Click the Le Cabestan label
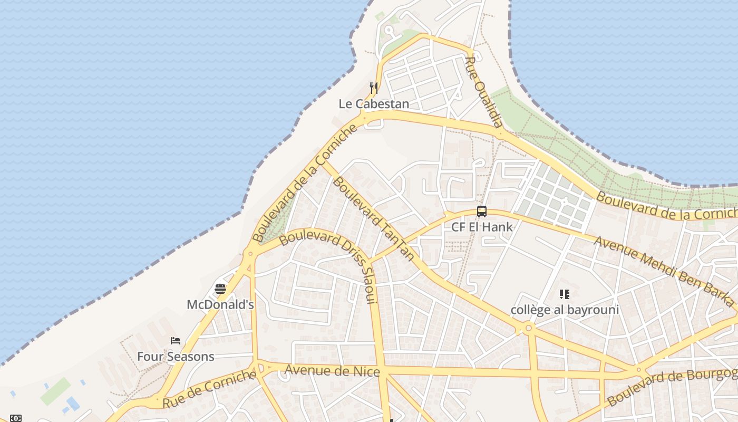(x=374, y=104)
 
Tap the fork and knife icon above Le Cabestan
(x=374, y=88)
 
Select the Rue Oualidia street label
(x=483, y=92)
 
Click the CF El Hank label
(x=482, y=227)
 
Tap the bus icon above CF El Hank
(x=482, y=212)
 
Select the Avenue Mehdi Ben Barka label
(x=664, y=271)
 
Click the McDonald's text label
(x=220, y=304)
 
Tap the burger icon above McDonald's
(x=220, y=289)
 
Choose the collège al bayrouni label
(x=565, y=310)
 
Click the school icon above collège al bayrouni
(x=565, y=294)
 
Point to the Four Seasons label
(x=176, y=357)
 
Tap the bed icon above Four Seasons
(x=176, y=341)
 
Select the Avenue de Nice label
(x=332, y=371)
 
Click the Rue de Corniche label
(x=209, y=389)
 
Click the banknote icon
(x=16, y=418)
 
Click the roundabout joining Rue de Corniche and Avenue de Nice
(x=258, y=368)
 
